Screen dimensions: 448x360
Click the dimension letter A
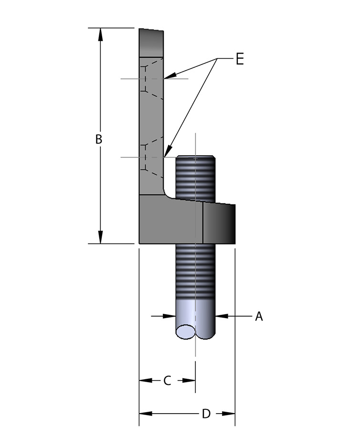pos(259,316)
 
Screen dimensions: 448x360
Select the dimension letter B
pos(99,139)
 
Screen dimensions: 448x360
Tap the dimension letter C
pos(167,381)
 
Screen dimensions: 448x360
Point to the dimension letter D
pos(206,414)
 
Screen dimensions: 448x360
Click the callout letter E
pos(239,59)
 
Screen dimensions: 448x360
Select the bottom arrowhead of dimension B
pos(100,237)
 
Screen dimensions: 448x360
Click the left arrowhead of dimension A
pos(169,316)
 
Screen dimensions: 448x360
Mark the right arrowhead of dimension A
pos(221,316)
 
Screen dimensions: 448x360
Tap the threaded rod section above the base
pos(196,177)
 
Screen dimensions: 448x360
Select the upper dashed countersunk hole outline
pos(152,78)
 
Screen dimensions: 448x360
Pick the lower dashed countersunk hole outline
pos(152,157)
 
